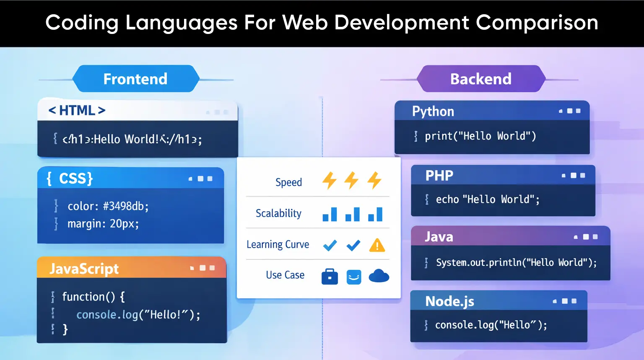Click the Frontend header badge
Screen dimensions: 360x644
pyautogui.click(x=135, y=79)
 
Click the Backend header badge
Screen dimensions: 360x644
pyautogui.click(x=481, y=79)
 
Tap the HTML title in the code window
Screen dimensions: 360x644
pyautogui.click(x=77, y=110)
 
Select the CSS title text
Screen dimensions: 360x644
pyautogui.click(x=70, y=179)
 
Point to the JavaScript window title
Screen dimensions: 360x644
pyautogui.click(x=84, y=268)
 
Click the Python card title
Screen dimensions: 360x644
pyautogui.click(x=433, y=111)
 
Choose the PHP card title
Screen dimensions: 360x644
pyautogui.click(x=439, y=175)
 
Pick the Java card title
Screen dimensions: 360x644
pyautogui.click(x=439, y=237)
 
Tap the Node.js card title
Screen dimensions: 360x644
pyautogui.click(x=450, y=301)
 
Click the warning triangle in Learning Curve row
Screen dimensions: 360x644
pyautogui.click(x=377, y=245)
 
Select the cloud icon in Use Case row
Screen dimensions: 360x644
pyautogui.click(x=379, y=276)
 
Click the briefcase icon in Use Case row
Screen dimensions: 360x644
pyautogui.click(x=330, y=277)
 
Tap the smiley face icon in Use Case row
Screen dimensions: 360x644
pyautogui.click(x=354, y=277)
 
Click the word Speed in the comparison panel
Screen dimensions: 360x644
pyautogui.click(x=288, y=182)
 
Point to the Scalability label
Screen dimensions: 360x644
pyautogui.click(x=278, y=213)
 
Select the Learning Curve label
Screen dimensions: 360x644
pyautogui.click(x=278, y=244)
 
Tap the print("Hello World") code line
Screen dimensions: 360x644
pyautogui.click(x=480, y=136)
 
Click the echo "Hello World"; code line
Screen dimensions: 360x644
pyautogui.click(x=488, y=199)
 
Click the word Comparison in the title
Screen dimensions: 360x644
pyautogui.click(x=537, y=23)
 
